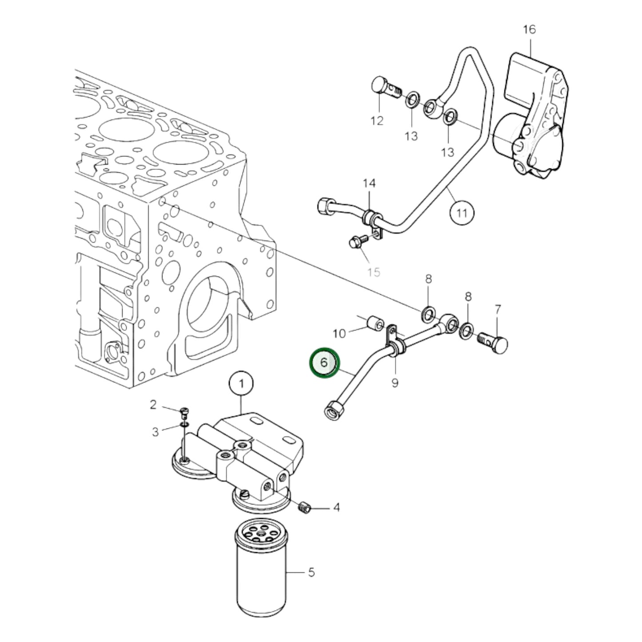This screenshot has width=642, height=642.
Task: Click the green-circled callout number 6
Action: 324,363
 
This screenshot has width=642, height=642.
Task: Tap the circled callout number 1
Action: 241,383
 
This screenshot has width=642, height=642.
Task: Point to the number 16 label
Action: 529,30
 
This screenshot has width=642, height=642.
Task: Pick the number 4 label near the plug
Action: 336,507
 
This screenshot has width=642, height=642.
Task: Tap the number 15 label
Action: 374,271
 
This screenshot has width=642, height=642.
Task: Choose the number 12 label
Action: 377,120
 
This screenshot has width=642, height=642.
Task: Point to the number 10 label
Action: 339,333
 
